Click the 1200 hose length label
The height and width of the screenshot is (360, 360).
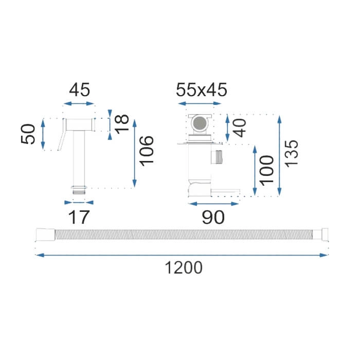(x=184, y=268)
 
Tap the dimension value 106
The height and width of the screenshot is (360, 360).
(x=147, y=151)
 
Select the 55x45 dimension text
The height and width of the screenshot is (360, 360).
(x=202, y=90)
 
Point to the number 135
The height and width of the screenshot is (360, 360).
(x=291, y=153)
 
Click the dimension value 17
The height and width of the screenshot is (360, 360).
(x=79, y=217)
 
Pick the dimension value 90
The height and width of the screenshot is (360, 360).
(x=213, y=217)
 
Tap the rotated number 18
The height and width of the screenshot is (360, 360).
(x=122, y=124)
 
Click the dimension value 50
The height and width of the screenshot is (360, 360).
(x=28, y=134)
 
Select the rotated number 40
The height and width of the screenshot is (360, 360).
(x=239, y=128)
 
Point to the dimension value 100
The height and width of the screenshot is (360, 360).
(x=266, y=170)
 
